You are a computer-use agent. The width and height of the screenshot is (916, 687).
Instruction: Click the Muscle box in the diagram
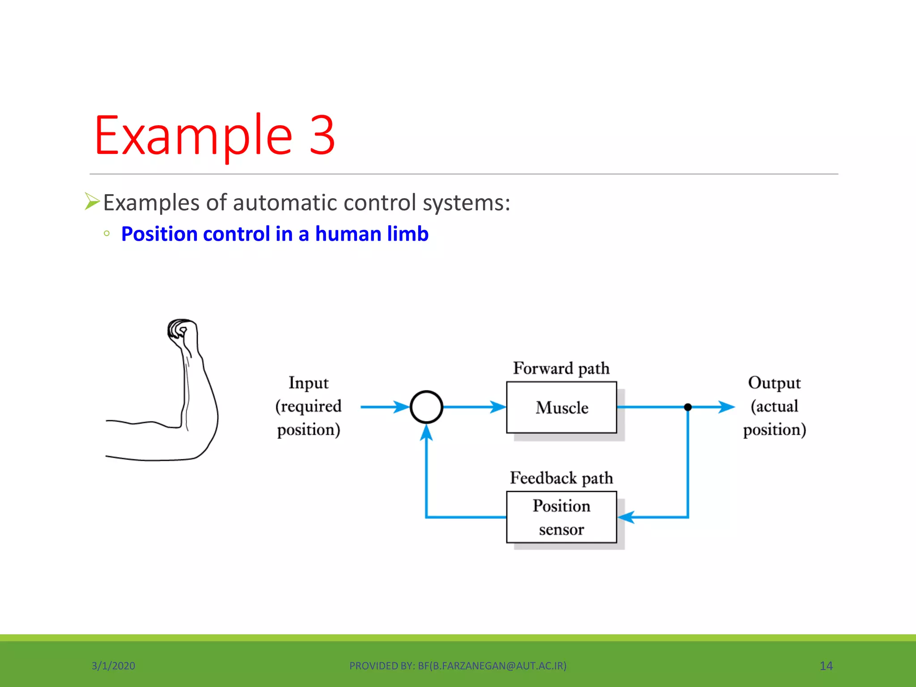pos(561,407)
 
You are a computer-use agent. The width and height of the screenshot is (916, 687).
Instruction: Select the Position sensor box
pos(561,517)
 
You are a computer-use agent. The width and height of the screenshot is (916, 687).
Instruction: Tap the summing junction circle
pos(426,407)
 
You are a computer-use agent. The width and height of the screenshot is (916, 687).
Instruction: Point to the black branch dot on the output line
pos(688,407)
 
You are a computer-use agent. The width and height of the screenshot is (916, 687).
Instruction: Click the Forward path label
pos(561,369)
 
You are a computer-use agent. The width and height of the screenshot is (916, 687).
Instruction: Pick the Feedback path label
pos(561,478)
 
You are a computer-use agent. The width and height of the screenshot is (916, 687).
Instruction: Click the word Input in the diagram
pos(308,383)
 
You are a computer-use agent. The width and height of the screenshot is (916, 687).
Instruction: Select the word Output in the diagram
pos(774,383)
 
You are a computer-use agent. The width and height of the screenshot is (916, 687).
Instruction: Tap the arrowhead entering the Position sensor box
pos(626,517)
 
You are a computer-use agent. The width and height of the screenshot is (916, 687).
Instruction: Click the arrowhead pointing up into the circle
pos(426,433)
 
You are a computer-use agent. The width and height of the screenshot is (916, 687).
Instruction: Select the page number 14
pos(826,666)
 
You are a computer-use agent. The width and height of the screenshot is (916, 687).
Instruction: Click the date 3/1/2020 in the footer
pos(113,666)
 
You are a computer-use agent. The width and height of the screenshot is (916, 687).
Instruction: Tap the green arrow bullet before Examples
pos(92,201)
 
